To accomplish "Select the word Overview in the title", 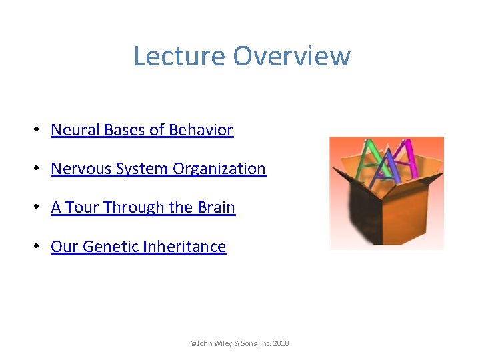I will pos(291,56).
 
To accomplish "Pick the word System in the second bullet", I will pos(142,169).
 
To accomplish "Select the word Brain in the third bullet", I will pos(216,207).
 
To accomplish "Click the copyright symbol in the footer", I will pos(193,343).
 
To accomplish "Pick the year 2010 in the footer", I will pos(281,343).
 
